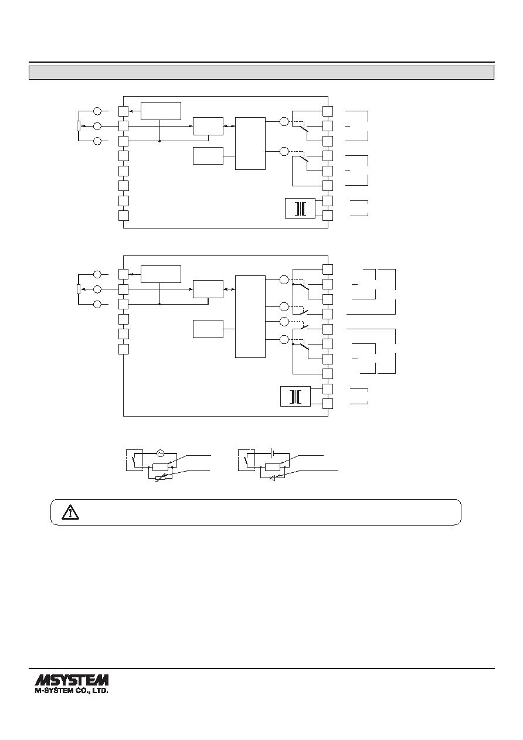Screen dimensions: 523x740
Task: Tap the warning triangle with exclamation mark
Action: [70, 513]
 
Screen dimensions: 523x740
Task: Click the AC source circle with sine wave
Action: [160, 453]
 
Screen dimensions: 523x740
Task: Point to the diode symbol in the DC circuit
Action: [273, 478]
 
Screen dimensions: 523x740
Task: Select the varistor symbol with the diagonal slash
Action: [160, 478]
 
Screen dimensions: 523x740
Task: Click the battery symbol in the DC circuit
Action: [273, 452]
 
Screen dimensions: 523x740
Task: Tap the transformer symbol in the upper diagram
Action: [300, 208]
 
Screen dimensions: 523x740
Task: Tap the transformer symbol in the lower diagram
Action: [296, 397]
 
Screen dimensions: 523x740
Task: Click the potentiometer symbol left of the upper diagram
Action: [79, 126]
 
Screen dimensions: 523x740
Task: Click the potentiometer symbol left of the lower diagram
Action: [79, 289]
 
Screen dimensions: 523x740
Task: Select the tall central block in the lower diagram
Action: [250, 316]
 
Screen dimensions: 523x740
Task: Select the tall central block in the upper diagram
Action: [250, 144]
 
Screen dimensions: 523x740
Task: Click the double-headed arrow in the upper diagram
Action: [229, 126]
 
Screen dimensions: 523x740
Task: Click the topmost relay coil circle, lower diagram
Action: [284, 280]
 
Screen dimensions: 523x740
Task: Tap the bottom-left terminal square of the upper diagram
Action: [123, 216]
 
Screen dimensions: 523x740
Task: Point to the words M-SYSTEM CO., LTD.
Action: [72, 690]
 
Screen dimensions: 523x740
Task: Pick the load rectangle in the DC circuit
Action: [273, 467]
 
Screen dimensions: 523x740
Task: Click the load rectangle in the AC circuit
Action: [160, 467]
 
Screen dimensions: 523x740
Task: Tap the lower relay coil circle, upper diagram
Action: [284, 152]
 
